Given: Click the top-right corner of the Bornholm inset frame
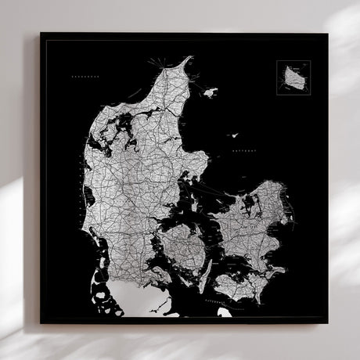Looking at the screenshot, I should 311,61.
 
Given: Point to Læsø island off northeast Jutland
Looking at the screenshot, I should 210,92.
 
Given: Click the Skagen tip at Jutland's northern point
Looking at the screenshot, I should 189,57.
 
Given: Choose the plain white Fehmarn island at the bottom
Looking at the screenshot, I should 225,311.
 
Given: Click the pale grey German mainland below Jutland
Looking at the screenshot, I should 141,301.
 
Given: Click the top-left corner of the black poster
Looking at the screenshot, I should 41,33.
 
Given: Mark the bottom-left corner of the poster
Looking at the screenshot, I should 41,322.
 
